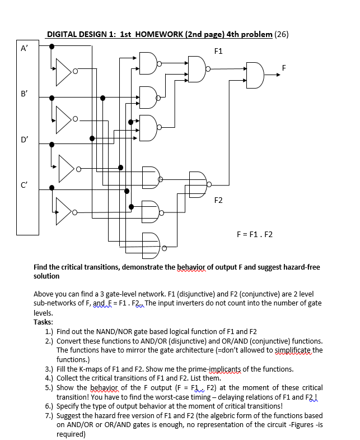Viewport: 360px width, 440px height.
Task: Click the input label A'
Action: point(25,48)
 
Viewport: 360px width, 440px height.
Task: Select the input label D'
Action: point(25,138)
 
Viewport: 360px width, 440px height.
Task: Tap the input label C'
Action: point(25,183)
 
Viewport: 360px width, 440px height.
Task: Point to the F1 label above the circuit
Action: point(218,52)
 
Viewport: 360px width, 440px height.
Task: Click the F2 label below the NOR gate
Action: point(218,200)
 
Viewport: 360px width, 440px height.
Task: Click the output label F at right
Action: point(284,68)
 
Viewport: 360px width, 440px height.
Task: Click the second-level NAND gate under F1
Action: point(197,69)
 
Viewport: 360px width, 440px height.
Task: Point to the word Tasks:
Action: point(43,322)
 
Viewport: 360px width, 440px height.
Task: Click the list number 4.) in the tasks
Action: point(49,378)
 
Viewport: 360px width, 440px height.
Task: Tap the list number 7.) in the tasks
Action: point(49,415)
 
